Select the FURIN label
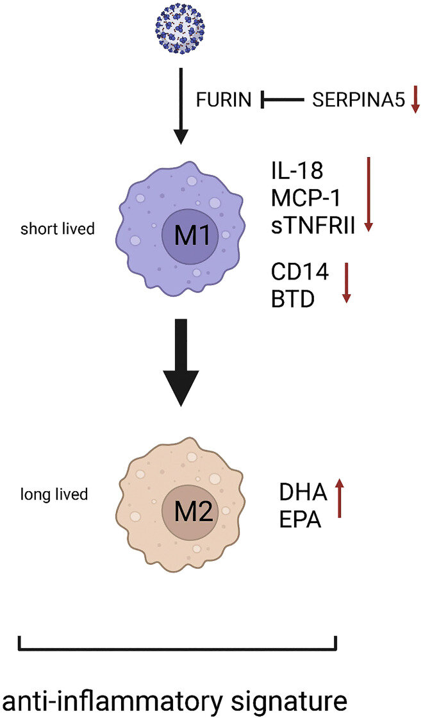[x=224, y=99]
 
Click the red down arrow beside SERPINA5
[x=415, y=98]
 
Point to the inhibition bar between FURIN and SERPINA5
[x=283, y=99]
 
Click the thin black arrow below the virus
[x=182, y=105]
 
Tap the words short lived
[x=58, y=228]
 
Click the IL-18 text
[x=297, y=171]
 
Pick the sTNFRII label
[x=313, y=226]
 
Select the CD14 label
[x=300, y=272]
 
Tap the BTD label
[x=292, y=299]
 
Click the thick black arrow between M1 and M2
[x=182, y=362]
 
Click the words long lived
[x=54, y=494]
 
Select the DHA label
[x=303, y=493]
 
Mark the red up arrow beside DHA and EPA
[x=339, y=497]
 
